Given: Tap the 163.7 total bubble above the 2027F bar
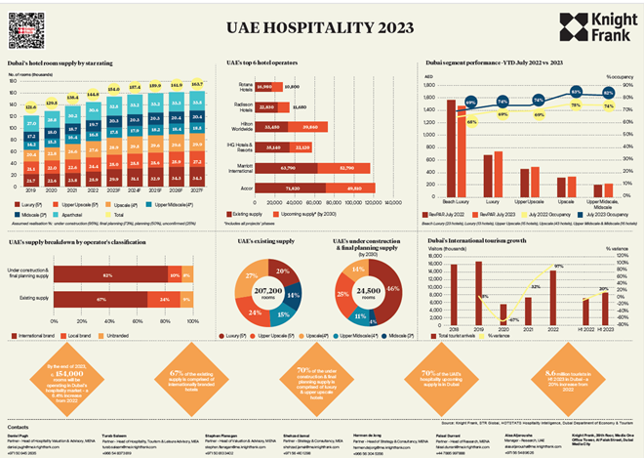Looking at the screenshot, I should [199, 85].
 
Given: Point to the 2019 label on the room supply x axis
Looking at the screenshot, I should [32, 193].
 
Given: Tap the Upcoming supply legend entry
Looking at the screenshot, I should [305, 209].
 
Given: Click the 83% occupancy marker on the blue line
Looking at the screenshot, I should [576, 91].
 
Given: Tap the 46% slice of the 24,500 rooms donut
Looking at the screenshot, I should [392, 288].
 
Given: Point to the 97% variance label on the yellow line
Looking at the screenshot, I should [559, 266].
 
